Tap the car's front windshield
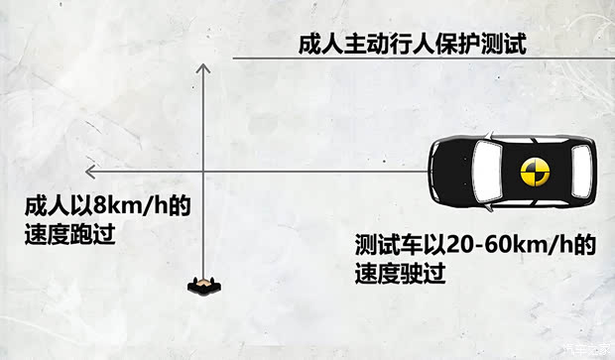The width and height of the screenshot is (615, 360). tap(487, 171)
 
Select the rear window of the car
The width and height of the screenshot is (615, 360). tap(573, 171)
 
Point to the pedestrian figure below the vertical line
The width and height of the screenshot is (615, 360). tap(202, 287)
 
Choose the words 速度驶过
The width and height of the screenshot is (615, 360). tap(397, 270)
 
